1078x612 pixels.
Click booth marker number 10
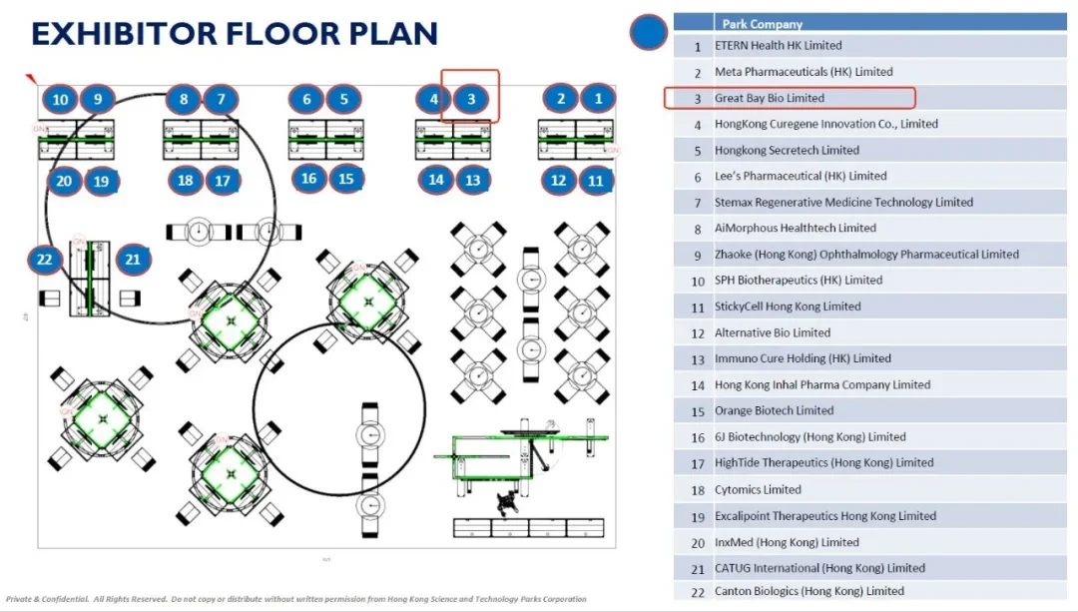(61, 100)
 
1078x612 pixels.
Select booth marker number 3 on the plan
(471, 99)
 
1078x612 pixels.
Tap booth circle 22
(45, 260)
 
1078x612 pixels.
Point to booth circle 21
(133, 260)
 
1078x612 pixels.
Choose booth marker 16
(308, 179)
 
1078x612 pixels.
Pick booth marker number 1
(598, 99)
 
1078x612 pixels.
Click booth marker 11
(595, 181)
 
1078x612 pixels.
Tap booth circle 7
(221, 100)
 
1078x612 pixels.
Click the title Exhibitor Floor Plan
(235, 34)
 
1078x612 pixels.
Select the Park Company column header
(762, 24)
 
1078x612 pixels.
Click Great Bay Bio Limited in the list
(770, 98)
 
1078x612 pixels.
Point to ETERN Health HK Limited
(779, 45)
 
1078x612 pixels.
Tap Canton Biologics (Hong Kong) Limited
(809, 591)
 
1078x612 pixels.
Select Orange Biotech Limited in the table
(775, 410)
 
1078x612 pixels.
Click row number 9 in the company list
(697, 256)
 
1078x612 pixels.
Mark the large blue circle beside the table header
(649, 32)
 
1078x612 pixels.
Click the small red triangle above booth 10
(31, 79)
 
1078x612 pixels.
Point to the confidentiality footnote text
(296, 599)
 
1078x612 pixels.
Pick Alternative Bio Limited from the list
(773, 332)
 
